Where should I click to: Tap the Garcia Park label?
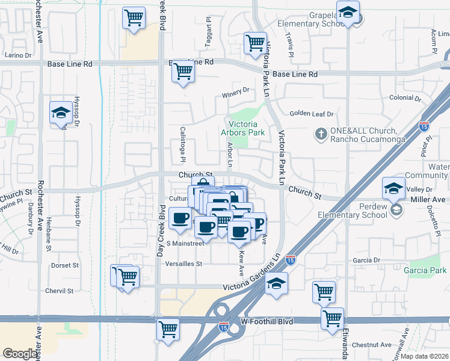(427, 271)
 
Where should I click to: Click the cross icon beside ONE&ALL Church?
(322, 133)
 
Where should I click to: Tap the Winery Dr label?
(236, 91)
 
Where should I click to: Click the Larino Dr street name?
(18, 55)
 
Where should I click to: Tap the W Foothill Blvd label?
(267, 322)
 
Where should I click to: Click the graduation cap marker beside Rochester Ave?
(60, 113)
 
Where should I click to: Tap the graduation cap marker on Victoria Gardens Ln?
(277, 282)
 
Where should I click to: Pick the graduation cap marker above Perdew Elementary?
(393, 189)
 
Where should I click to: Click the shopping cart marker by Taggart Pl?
(255, 43)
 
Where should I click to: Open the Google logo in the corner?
(20, 353)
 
